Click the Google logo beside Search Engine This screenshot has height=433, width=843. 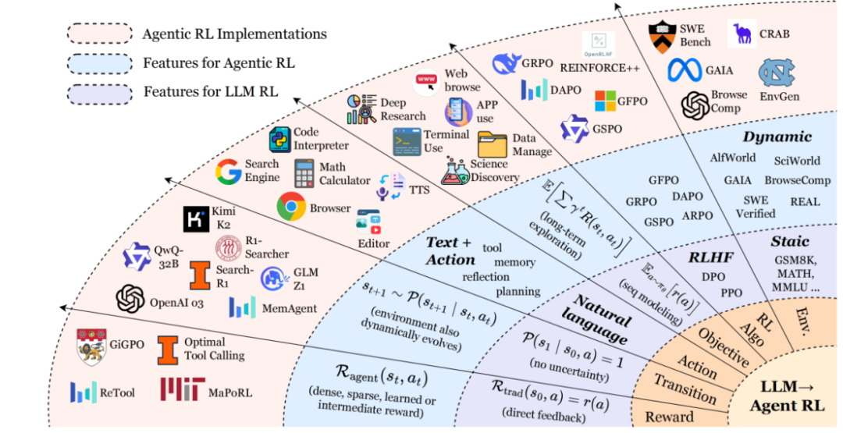point(229,171)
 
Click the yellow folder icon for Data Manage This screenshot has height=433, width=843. point(492,145)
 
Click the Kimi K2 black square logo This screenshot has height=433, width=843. point(196,219)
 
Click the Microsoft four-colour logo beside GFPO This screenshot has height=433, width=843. point(606,101)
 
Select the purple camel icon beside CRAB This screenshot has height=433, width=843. point(742,34)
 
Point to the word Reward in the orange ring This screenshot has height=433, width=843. point(669,417)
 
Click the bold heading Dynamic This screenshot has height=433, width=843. point(777,137)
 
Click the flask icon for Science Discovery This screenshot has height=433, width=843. point(454,171)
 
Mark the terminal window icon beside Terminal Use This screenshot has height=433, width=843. point(407,141)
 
